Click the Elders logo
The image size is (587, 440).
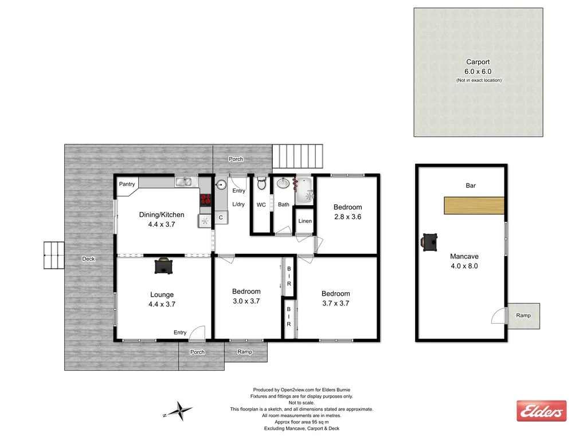pos(541,411)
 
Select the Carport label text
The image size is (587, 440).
pos(478,62)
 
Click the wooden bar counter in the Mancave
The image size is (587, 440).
pos(473,206)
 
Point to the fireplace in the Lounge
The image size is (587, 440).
pos(165,266)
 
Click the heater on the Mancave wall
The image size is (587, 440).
pos(429,241)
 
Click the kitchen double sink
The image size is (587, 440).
pos(184,182)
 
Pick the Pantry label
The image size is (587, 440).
pos(127,184)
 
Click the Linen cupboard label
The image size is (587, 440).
pos(305,221)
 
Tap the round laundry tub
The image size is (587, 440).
pos(221,184)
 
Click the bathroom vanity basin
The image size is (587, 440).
pos(283,184)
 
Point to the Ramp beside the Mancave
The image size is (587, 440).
pos(523,316)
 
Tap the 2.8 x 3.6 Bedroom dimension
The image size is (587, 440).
pos(347,217)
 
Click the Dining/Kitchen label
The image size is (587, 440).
pos(162,215)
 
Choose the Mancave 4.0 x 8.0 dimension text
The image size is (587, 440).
pos(464,266)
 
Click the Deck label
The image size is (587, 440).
pos(88,259)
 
